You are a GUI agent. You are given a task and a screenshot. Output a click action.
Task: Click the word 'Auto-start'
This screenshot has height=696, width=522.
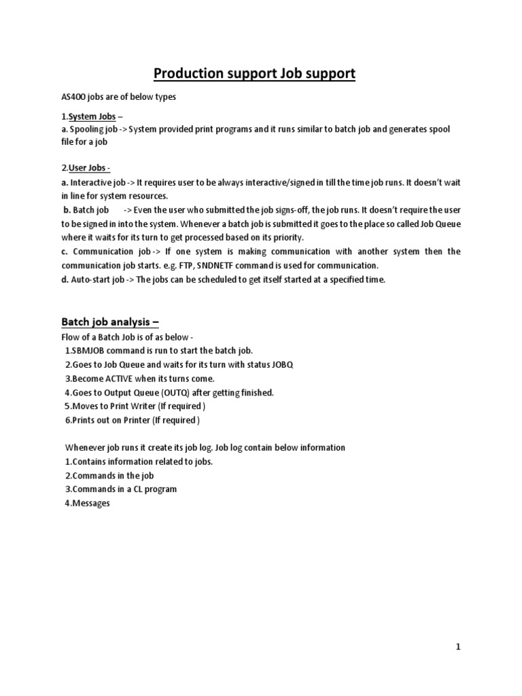(92, 279)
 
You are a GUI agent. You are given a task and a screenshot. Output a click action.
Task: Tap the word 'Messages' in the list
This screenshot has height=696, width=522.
(91, 503)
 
